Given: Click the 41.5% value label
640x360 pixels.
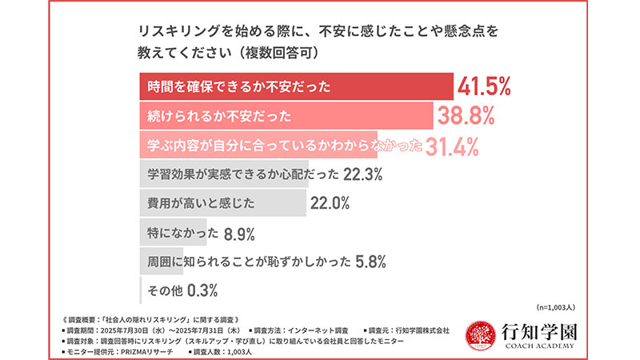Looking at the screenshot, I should [484, 86].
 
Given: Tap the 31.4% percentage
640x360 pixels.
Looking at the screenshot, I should [451, 146].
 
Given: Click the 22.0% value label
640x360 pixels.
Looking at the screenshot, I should [330, 203].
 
